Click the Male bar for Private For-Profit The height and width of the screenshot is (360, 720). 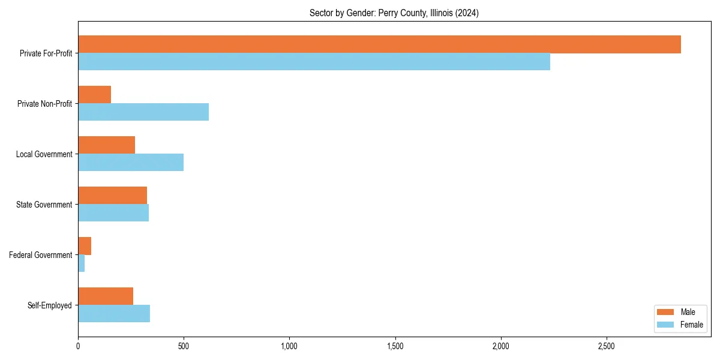(x=379, y=44)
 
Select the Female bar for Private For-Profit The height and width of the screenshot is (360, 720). (x=314, y=62)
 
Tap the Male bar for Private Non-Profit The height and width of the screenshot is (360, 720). (x=94, y=95)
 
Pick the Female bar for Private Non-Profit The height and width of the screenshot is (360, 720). (x=143, y=112)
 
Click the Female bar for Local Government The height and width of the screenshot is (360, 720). (x=131, y=163)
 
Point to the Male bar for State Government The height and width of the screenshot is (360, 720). (x=112, y=196)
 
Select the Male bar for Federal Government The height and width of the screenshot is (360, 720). (x=85, y=246)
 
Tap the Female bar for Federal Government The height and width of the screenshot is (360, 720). (x=82, y=263)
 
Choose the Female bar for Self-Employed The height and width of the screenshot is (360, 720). (x=114, y=314)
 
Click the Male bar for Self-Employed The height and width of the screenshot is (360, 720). (x=106, y=296)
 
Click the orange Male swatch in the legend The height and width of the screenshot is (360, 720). (x=665, y=312)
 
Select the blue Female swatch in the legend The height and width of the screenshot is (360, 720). (x=665, y=325)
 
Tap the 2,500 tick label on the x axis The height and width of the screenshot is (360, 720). (x=606, y=346)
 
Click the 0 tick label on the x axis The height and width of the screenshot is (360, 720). (x=78, y=346)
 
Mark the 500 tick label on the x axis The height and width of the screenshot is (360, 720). (x=184, y=346)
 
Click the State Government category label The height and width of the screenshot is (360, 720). (x=44, y=205)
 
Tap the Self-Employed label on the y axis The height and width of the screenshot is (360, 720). (x=49, y=305)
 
